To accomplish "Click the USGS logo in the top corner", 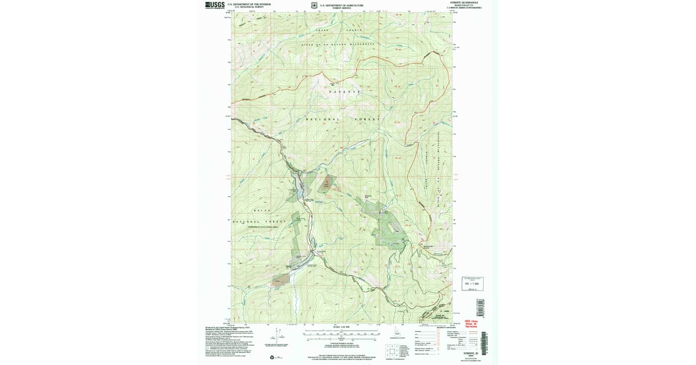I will pos(214,5).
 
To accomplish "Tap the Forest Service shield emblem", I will pos(314,6).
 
